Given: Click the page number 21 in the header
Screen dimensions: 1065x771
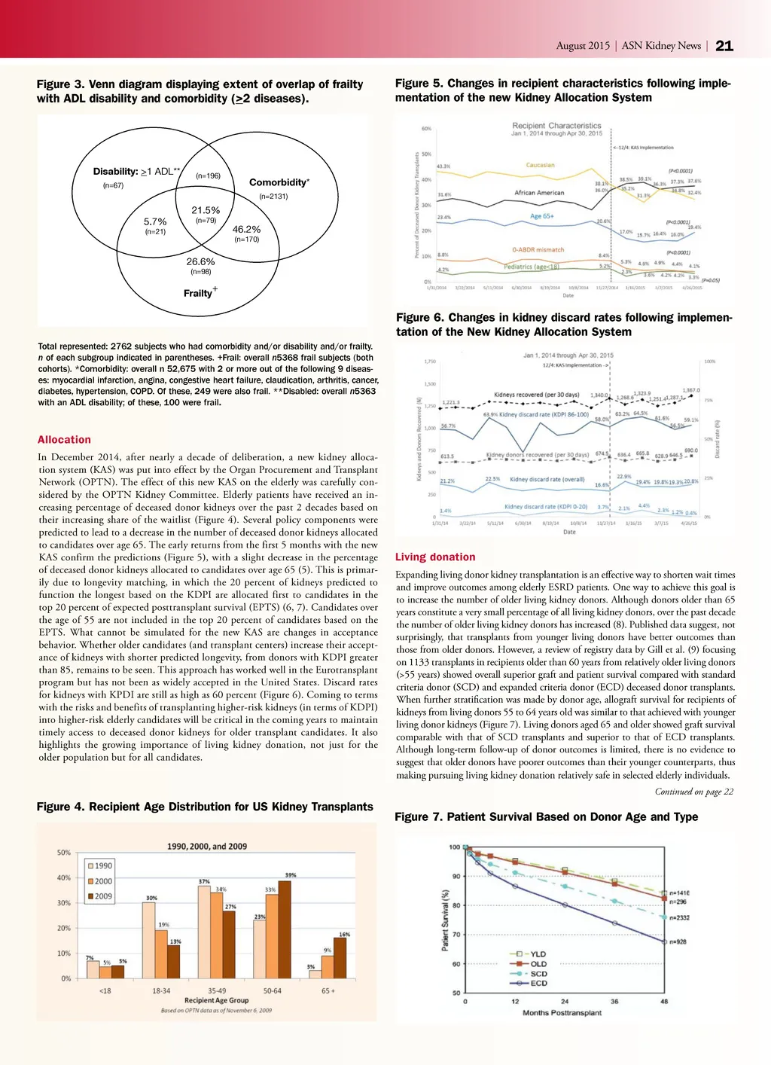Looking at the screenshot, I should coord(724,46).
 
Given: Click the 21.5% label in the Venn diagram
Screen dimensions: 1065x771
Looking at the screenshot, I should coord(206,211).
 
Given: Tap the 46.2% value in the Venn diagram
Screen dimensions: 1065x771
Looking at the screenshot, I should coord(246,230).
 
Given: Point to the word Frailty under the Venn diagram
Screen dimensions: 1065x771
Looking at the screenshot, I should coord(198,293).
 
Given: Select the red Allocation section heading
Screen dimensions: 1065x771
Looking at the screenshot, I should coord(64,440).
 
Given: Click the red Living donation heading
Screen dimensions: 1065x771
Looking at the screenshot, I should coord(435,557).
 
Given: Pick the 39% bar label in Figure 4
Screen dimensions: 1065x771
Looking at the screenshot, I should coord(291,875).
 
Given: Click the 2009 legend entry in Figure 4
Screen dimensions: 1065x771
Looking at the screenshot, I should coord(102,896).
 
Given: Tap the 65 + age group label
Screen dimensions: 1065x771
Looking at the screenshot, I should coord(328,991).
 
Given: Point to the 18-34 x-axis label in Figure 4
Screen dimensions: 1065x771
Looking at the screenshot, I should coord(161,991).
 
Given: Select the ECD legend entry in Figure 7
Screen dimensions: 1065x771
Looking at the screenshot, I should coord(538,983).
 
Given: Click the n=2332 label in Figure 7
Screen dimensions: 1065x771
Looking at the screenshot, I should coord(679,917).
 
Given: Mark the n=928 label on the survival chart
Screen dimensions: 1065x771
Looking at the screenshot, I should coord(677,941).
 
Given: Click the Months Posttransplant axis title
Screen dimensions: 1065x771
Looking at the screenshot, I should coord(562,1013).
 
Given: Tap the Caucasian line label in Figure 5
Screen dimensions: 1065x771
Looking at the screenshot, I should coord(540,165).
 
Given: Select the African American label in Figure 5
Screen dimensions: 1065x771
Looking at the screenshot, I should coord(539,193).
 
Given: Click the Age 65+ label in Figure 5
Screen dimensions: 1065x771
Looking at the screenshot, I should coord(541,216).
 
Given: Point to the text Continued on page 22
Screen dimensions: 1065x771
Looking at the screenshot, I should coord(693,792).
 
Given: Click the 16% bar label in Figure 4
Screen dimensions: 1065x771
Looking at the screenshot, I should coord(344,935).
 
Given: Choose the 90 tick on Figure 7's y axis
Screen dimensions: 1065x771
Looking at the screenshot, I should coord(456,876).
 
